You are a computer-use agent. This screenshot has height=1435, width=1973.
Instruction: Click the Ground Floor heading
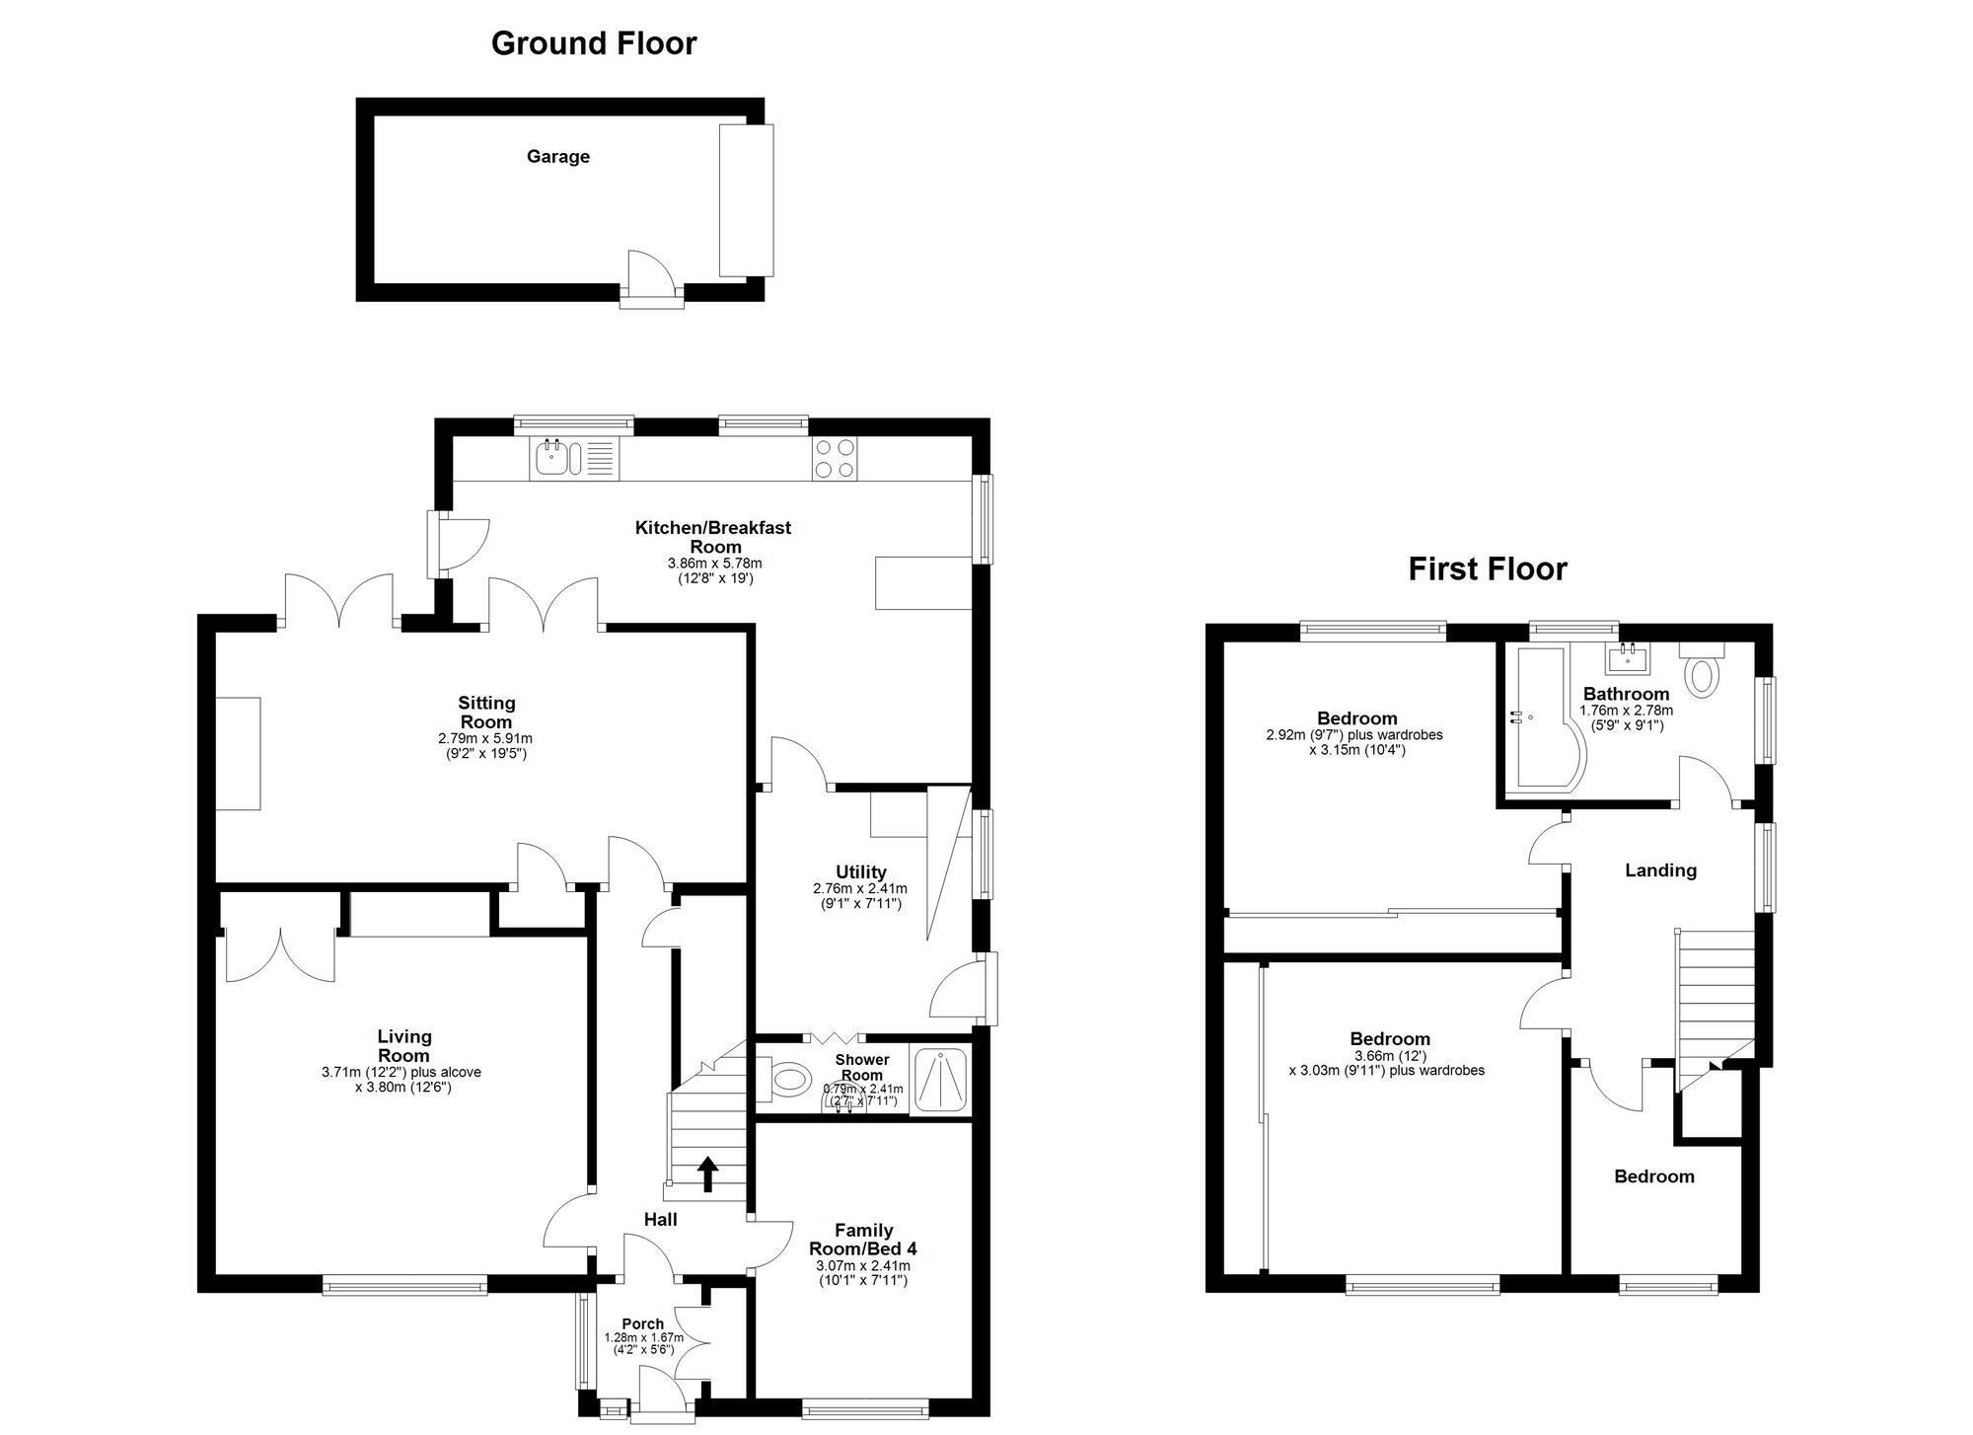pos(594,43)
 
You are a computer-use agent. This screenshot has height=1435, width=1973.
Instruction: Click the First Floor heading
pos(1488,569)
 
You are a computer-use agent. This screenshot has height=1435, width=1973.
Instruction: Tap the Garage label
pos(558,156)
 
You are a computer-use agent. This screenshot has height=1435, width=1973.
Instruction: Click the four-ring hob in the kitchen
pos(835,458)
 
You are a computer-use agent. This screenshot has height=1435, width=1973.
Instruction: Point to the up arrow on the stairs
pos(707,1174)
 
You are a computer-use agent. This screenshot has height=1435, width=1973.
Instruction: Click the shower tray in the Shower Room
pos(941,1082)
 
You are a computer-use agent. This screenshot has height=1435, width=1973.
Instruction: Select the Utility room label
pos(861,872)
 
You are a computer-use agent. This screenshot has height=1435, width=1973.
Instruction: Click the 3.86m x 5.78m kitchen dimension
pos(715,564)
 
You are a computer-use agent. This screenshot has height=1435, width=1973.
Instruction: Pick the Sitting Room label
pos(486,713)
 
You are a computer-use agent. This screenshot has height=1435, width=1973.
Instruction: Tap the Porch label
pos(643,1324)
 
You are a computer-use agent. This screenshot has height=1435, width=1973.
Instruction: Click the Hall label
pos(661,1220)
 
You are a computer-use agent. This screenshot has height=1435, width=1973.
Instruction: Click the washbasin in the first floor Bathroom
pos(1628,657)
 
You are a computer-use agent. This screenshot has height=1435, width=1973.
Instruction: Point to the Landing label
pos(1661,870)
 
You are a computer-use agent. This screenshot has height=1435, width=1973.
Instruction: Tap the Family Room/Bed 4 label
pos(863,1240)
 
